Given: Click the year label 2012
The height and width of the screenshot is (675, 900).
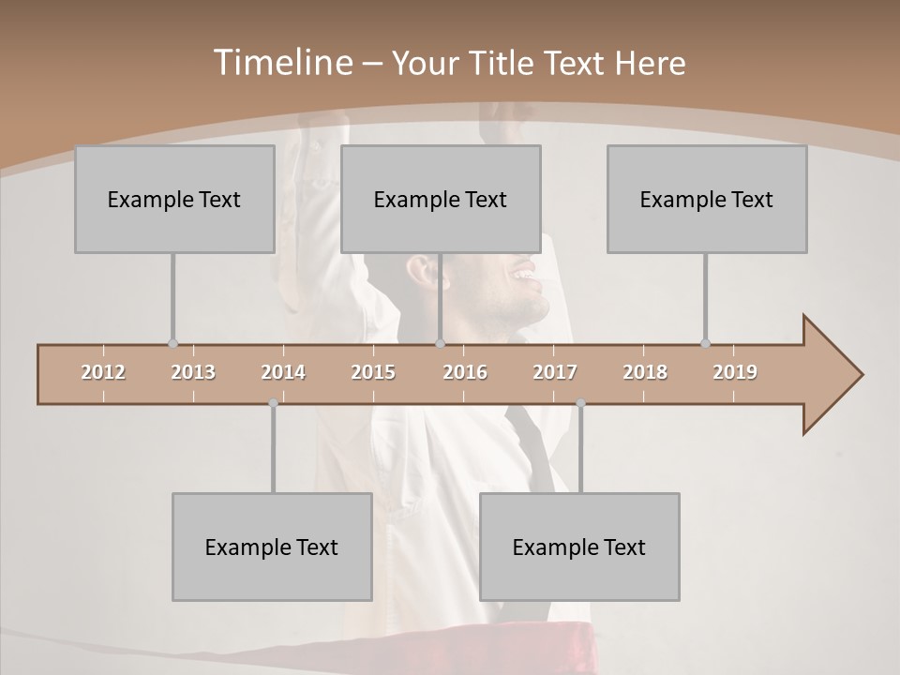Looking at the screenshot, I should pyautogui.click(x=103, y=372).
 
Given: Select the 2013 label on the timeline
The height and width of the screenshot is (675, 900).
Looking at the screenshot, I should pyautogui.click(x=193, y=372).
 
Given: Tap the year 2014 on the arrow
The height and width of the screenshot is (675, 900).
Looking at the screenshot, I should pyautogui.click(x=283, y=372).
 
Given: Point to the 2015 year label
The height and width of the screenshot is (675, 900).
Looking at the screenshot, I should pyautogui.click(x=373, y=372).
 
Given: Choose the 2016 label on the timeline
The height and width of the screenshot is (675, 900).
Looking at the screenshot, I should pyautogui.click(x=465, y=372).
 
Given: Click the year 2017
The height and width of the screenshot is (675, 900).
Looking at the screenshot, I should pyautogui.click(x=555, y=372).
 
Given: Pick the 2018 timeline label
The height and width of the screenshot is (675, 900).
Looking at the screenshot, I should pyautogui.click(x=645, y=372).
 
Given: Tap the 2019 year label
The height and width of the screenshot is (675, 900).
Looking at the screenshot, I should pyautogui.click(x=735, y=372).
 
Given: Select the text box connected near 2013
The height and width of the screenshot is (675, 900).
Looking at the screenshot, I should pyautogui.click(x=174, y=199).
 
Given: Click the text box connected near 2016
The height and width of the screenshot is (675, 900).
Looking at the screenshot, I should pyautogui.click(x=441, y=199).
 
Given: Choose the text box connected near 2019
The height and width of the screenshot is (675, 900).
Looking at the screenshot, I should pyautogui.click(x=707, y=199).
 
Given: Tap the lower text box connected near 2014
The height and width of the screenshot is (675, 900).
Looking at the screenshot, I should pyautogui.click(x=272, y=547).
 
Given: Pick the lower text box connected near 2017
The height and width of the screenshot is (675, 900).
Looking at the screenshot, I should pyautogui.click(x=579, y=547).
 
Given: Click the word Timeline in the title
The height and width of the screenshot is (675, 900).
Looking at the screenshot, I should pyautogui.click(x=282, y=63).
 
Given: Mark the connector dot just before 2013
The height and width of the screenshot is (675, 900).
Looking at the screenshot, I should pyautogui.click(x=172, y=344).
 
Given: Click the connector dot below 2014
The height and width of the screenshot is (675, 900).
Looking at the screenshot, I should pyautogui.click(x=273, y=403).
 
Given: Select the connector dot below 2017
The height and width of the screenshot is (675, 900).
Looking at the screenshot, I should pyautogui.click(x=580, y=403).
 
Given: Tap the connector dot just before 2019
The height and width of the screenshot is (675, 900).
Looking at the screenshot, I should pyautogui.click(x=705, y=344).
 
